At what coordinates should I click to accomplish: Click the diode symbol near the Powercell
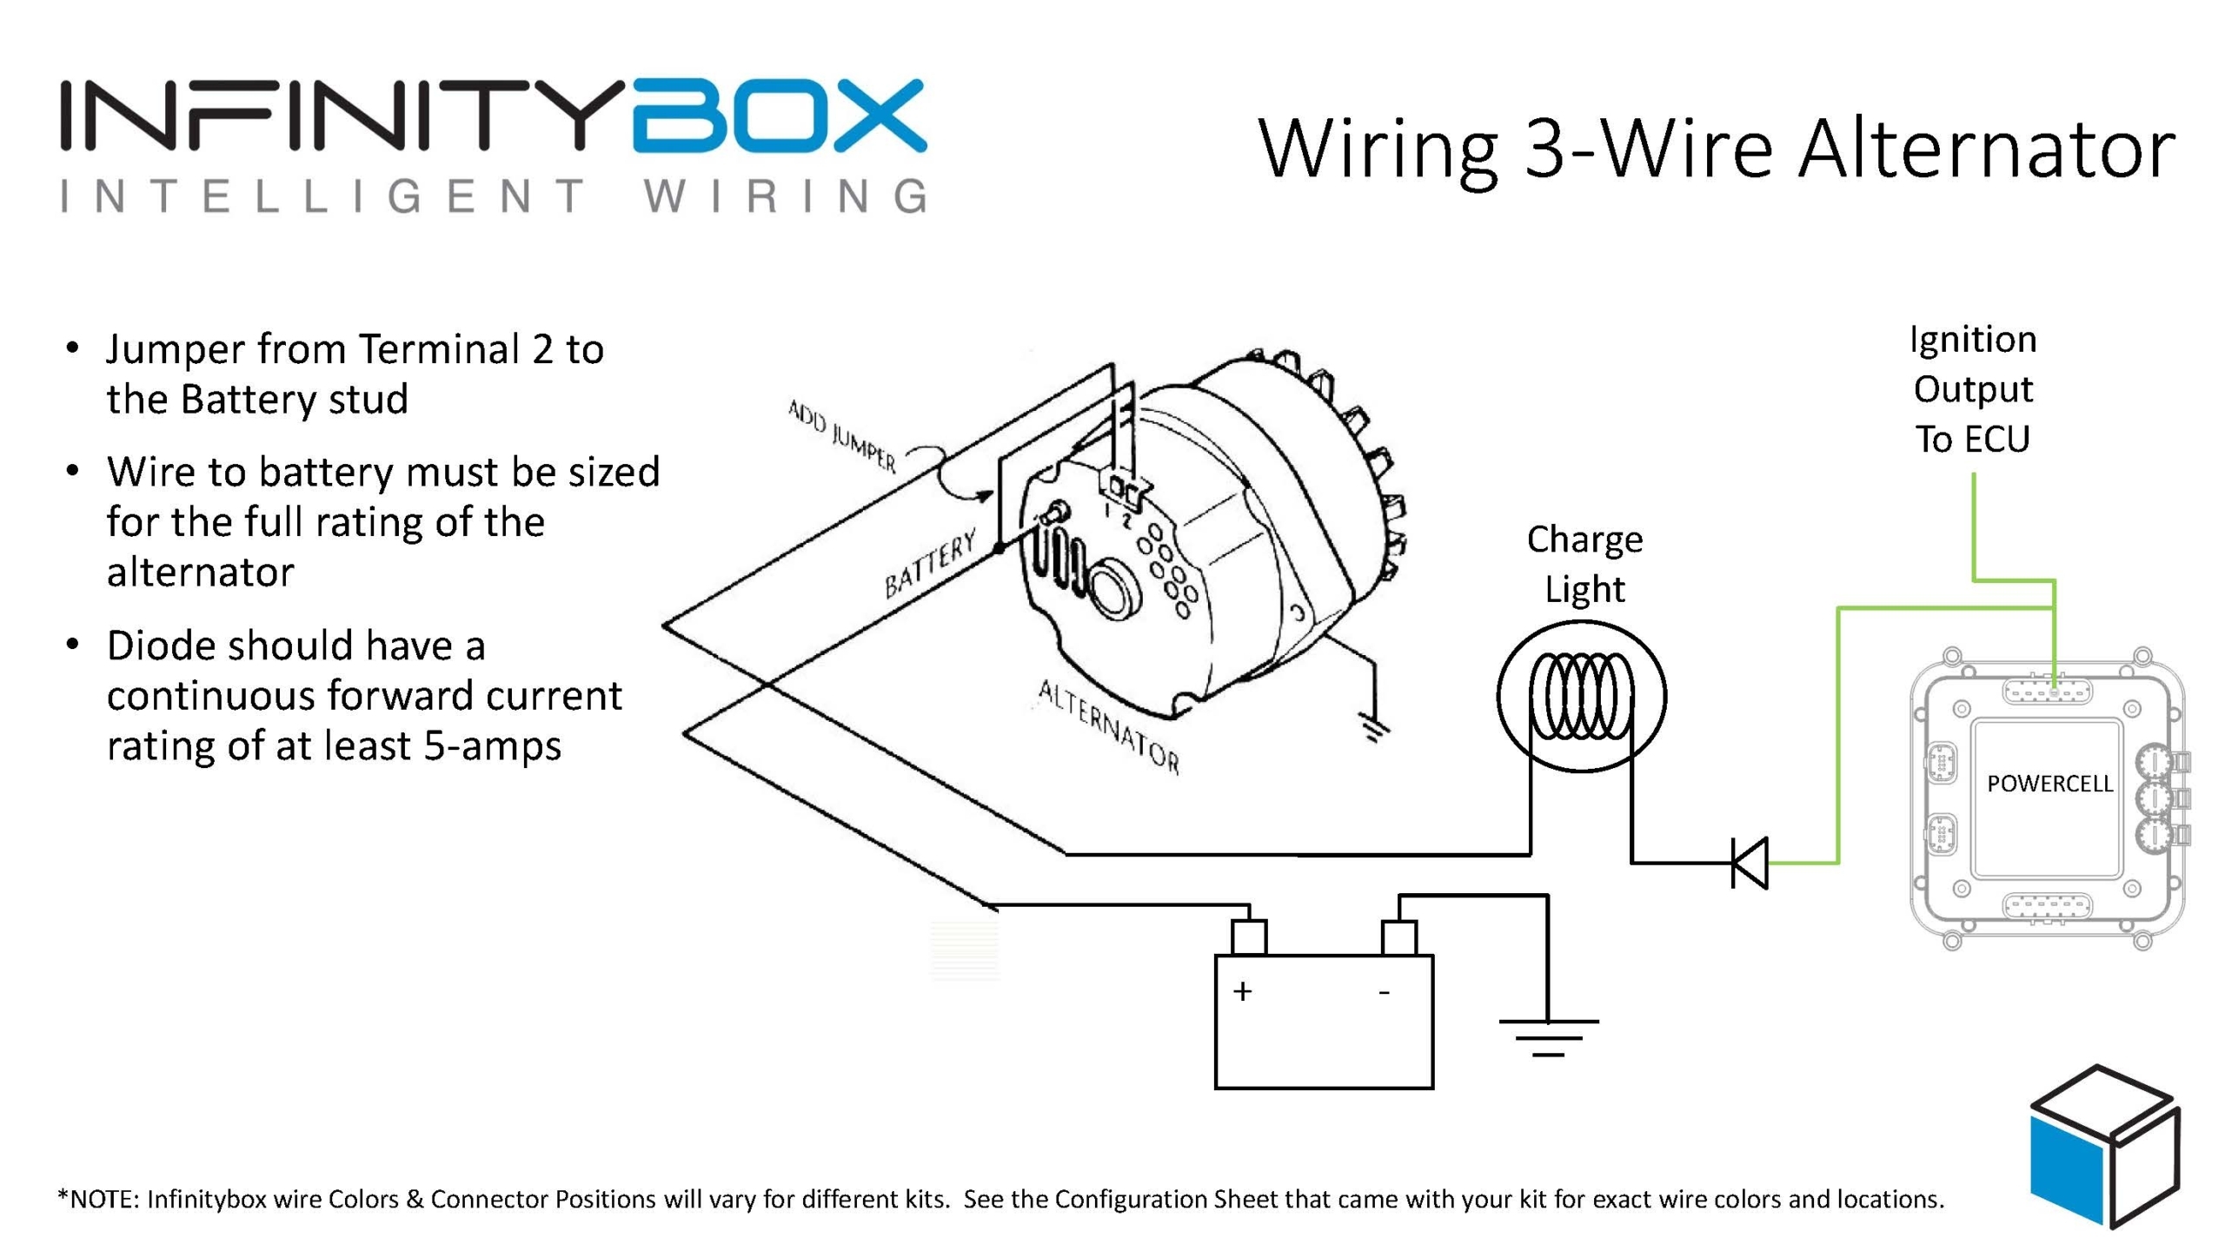point(1749,863)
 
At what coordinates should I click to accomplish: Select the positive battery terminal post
point(1248,937)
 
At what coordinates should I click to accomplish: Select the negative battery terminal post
point(1398,937)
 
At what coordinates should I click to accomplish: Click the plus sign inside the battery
point(1242,991)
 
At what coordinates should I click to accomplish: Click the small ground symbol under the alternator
point(1374,728)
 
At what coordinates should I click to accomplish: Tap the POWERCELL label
point(2049,784)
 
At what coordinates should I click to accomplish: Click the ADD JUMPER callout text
point(841,435)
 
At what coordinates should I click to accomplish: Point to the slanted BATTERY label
point(930,566)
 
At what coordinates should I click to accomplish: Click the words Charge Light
point(1584,564)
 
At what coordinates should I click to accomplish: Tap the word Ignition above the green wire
point(1973,340)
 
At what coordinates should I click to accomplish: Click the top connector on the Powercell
point(2047,692)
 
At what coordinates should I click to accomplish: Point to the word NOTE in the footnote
point(103,1199)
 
